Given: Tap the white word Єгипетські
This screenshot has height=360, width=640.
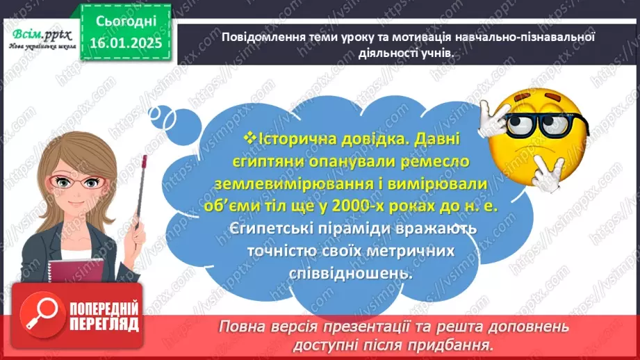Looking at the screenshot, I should coord(268,228).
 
